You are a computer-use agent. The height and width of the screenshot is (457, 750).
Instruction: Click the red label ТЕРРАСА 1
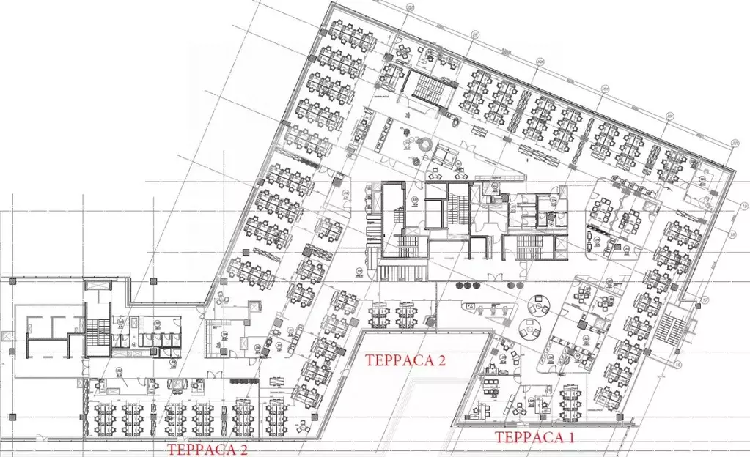coord(534,437)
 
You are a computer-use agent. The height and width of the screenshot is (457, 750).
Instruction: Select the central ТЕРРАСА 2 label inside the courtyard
coord(405,360)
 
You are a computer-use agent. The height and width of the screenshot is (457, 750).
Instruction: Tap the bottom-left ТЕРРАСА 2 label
coord(207,449)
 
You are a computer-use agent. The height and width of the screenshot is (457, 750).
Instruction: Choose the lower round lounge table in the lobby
coord(529,327)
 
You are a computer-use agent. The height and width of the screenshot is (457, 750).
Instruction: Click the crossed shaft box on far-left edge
coord(7,335)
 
